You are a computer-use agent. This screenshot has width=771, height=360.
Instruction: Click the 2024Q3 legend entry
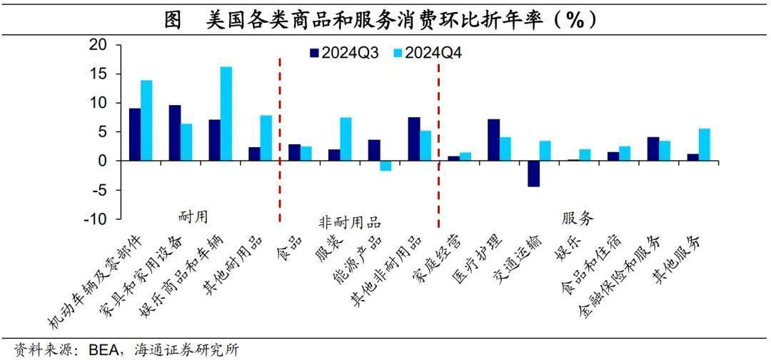tap(343, 52)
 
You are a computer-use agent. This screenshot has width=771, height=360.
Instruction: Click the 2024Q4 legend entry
tap(428, 52)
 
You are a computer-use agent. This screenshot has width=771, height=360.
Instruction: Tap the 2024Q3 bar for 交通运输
tap(533, 174)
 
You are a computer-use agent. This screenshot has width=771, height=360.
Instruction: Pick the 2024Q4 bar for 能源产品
tap(385, 166)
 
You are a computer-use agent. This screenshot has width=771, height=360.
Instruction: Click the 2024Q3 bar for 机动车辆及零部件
tap(134, 134)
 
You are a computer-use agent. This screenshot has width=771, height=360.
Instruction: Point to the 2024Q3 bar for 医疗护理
tap(493, 140)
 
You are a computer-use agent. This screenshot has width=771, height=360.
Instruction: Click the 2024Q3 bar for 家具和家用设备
tap(174, 133)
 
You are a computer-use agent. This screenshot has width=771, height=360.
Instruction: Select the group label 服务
tap(578, 216)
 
